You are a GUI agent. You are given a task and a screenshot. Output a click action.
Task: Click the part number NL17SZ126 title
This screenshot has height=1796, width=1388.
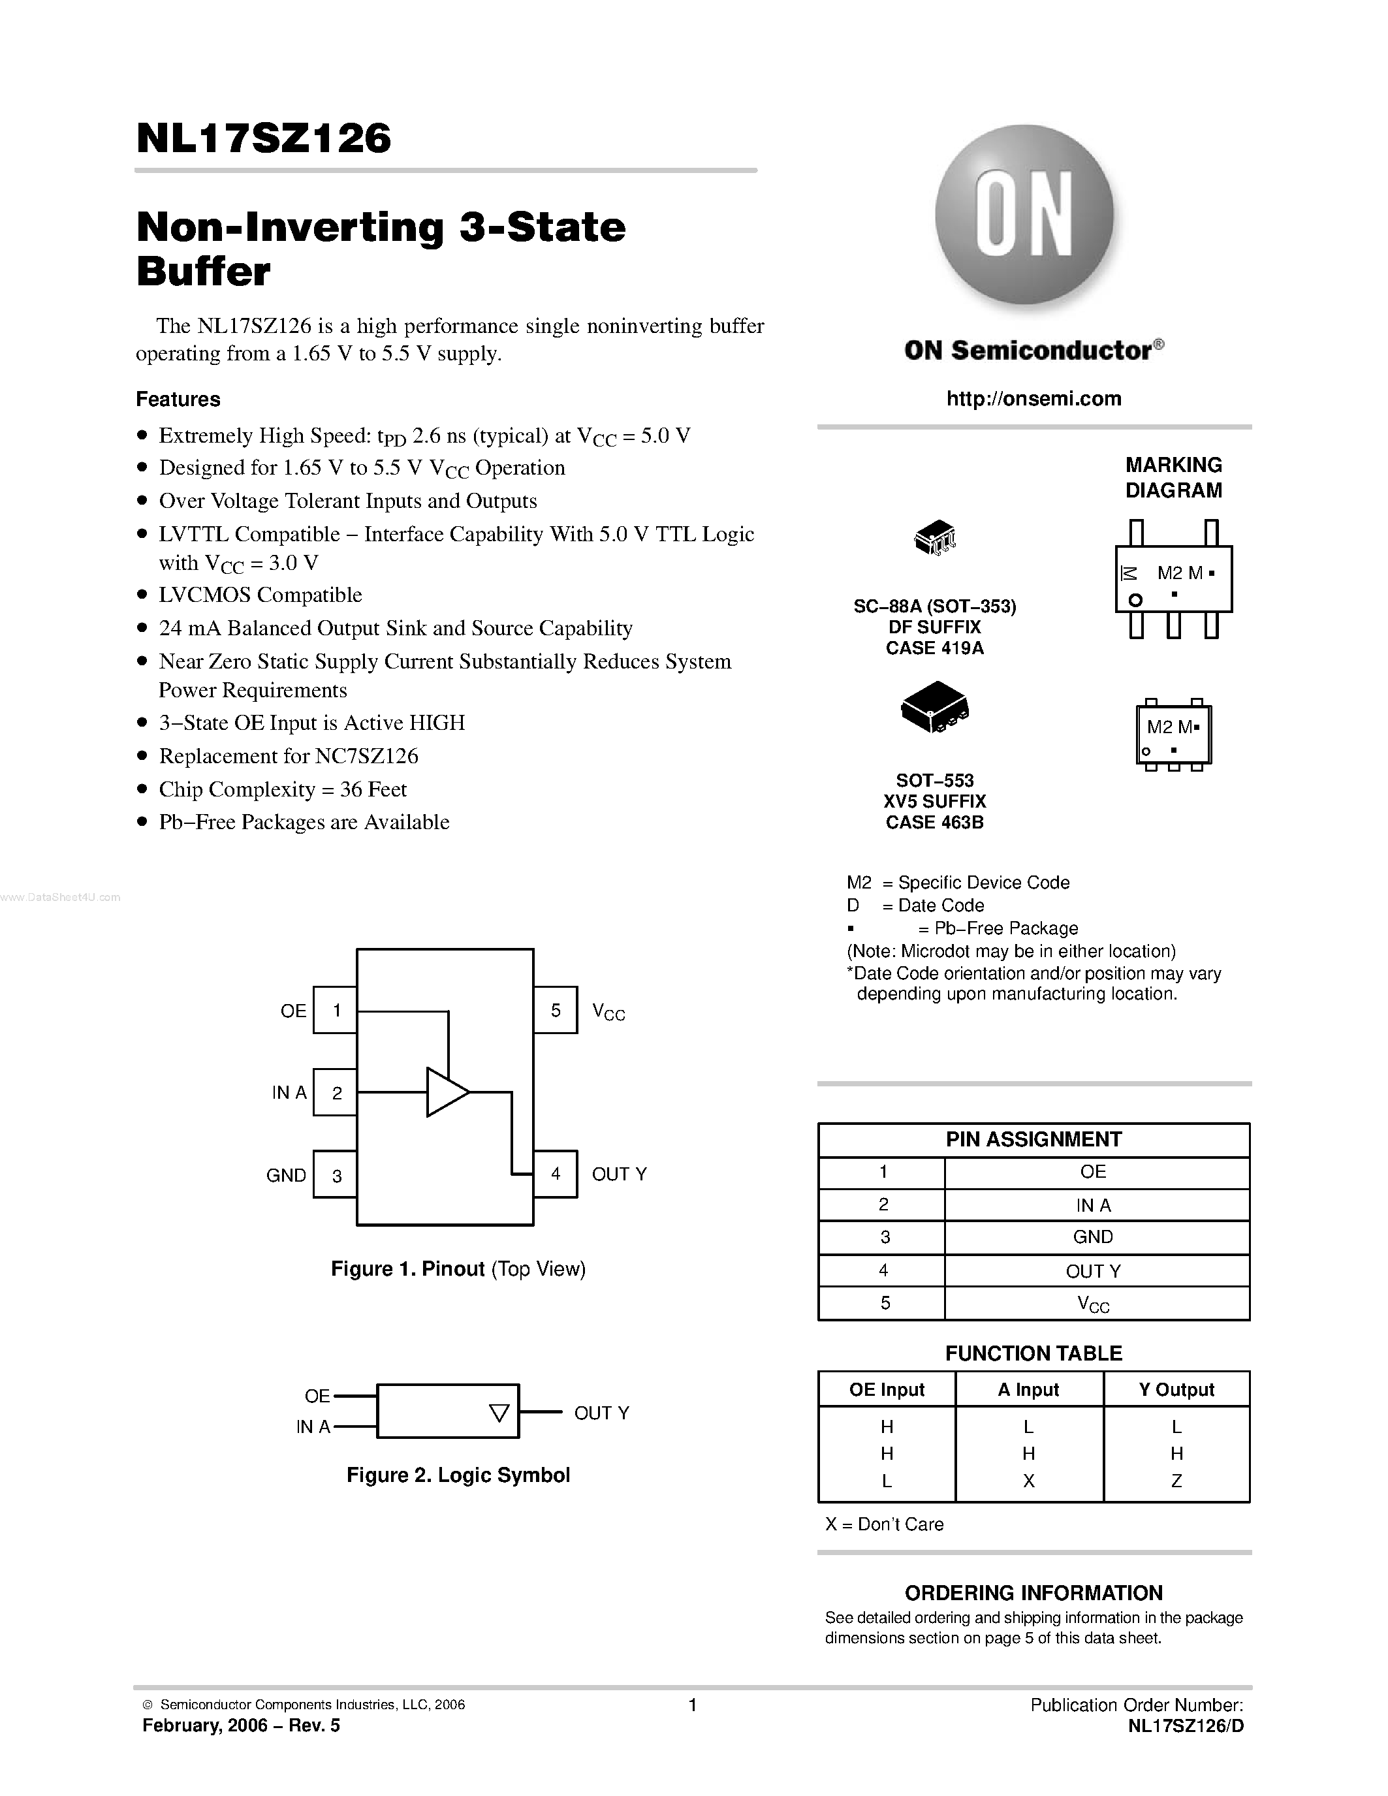coord(264,138)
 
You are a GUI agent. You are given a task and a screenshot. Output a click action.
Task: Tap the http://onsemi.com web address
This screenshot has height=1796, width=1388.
coord(1033,399)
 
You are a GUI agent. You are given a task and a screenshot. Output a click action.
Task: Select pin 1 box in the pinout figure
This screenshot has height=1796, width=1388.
coord(336,1010)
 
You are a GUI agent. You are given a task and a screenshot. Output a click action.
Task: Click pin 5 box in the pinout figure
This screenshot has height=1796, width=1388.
coord(555,1010)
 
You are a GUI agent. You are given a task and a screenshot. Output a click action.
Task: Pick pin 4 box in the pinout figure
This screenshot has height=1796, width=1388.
coord(555,1173)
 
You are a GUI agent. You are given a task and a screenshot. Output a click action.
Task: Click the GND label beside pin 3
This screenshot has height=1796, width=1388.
coord(285,1175)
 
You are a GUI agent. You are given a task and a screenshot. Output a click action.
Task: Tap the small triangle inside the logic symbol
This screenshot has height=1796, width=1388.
coord(499,1413)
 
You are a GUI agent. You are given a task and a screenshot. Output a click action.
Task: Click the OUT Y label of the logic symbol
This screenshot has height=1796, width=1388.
coord(601,1413)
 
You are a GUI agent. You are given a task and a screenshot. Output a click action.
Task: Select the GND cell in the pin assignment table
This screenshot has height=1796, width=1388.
coord(1093,1237)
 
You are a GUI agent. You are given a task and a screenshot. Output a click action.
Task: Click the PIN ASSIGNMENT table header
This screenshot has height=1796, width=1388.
coord(1033,1139)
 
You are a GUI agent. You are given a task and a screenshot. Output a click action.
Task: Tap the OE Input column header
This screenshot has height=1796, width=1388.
coord(887,1389)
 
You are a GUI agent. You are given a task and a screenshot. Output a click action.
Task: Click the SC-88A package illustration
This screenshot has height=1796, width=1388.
coord(936,537)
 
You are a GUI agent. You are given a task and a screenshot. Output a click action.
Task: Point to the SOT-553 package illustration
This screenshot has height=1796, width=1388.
coord(935,707)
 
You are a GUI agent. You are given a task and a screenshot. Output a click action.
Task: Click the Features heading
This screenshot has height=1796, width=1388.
coord(178,399)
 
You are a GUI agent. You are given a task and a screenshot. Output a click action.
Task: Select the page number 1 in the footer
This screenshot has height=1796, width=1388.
coord(692,1705)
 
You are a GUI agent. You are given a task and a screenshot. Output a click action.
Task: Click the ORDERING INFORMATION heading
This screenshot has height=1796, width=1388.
coord(1033,1593)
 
